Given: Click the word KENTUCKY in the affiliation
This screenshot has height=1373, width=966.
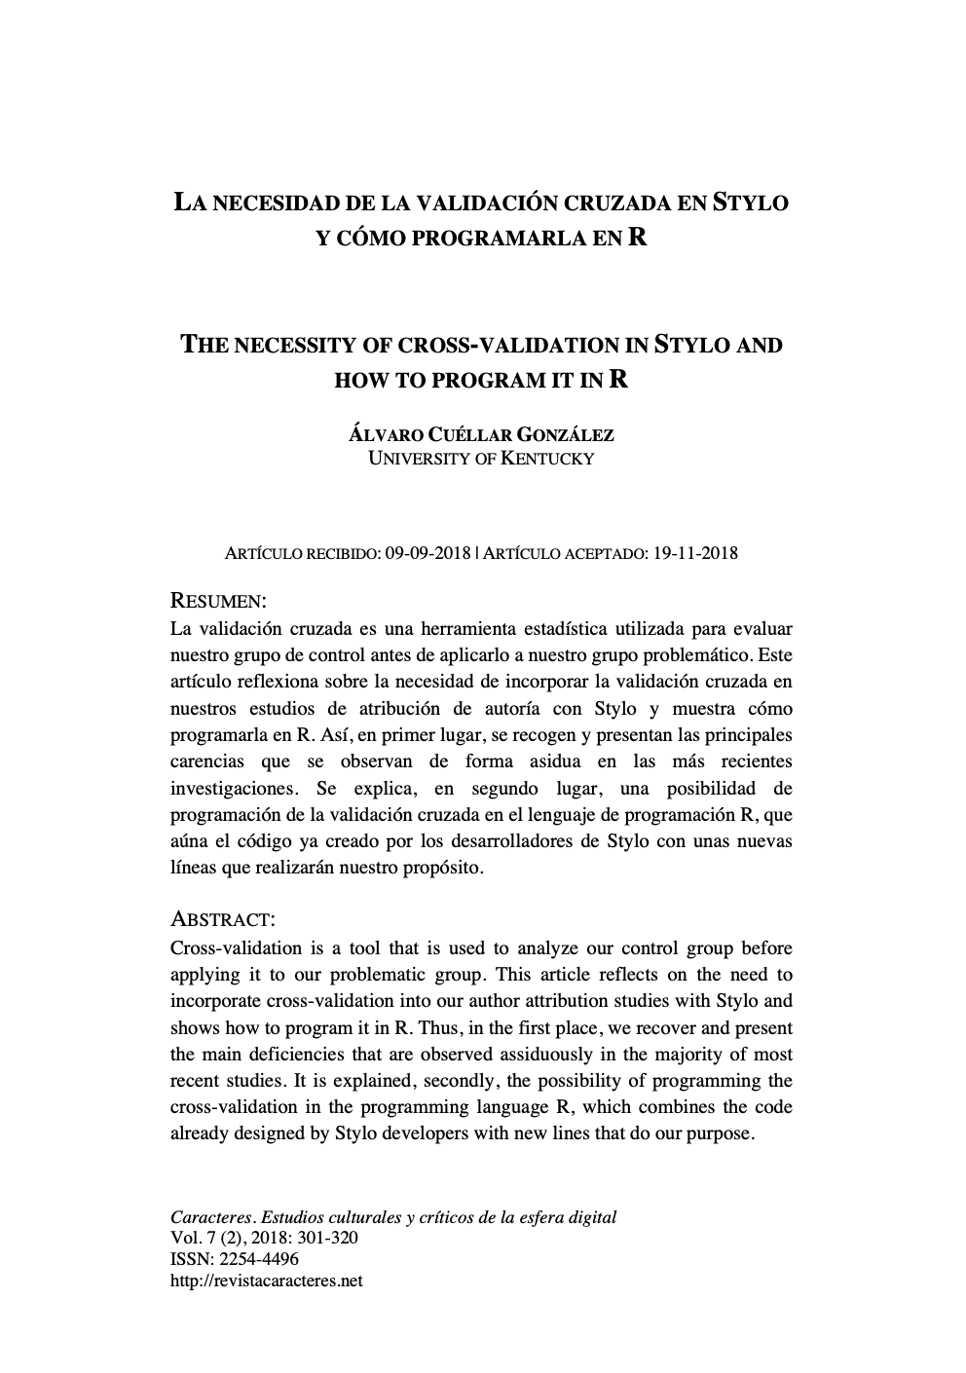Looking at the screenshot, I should pyautogui.click(x=546, y=458).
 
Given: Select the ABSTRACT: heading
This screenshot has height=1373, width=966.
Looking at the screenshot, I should pyautogui.click(x=223, y=919).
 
